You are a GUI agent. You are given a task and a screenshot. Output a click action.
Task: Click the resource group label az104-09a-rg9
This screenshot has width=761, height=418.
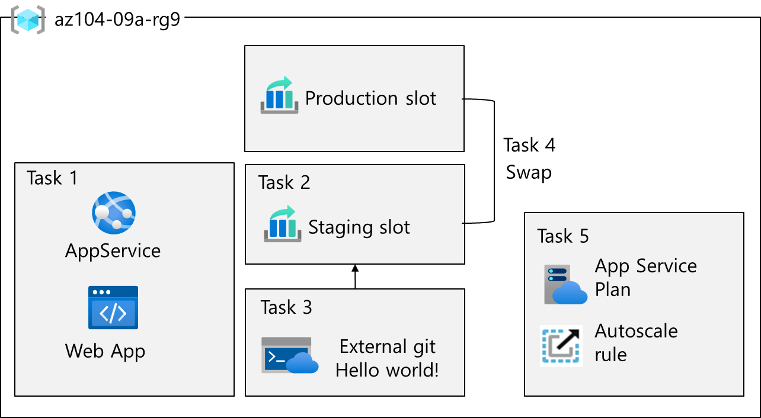pyautogui.click(x=116, y=20)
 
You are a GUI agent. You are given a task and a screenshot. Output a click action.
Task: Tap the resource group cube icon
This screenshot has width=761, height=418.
pyautogui.click(x=28, y=20)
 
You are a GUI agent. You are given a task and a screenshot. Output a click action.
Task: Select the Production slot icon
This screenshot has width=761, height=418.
pyautogui.click(x=279, y=95)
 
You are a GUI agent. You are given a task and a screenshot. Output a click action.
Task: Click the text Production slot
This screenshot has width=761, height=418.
pyautogui.click(x=370, y=98)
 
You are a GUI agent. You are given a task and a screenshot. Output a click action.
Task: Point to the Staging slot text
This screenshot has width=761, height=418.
pyautogui.click(x=359, y=227)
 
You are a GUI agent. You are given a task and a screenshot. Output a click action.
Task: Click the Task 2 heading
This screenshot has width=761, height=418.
pyautogui.click(x=284, y=182)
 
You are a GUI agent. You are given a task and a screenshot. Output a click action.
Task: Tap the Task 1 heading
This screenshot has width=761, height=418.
pyautogui.click(x=52, y=178)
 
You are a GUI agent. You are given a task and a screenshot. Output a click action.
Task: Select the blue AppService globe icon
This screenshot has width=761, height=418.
pyautogui.click(x=114, y=213)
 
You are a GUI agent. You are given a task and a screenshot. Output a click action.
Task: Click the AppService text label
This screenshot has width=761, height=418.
pyautogui.click(x=113, y=250)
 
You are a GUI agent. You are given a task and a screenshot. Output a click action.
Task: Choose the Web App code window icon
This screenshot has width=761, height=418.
pyautogui.click(x=113, y=307)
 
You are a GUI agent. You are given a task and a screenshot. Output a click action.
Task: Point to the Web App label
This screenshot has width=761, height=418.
pyautogui.click(x=105, y=351)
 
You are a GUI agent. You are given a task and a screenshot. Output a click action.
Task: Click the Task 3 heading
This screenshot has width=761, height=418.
pyautogui.click(x=286, y=307)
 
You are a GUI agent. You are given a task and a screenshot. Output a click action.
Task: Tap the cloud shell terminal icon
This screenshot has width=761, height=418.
pyautogui.click(x=289, y=355)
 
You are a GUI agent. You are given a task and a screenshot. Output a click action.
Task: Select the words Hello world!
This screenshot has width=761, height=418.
pyautogui.click(x=387, y=370)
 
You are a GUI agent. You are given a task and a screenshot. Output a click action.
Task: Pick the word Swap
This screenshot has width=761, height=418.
pyautogui.click(x=529, y=173)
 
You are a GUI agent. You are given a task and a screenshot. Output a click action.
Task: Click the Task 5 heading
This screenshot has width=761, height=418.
pyautogui.click(x=563, y=236)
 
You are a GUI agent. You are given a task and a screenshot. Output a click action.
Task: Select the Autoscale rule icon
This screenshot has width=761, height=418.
pyautogui.click(x=561, y=345)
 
